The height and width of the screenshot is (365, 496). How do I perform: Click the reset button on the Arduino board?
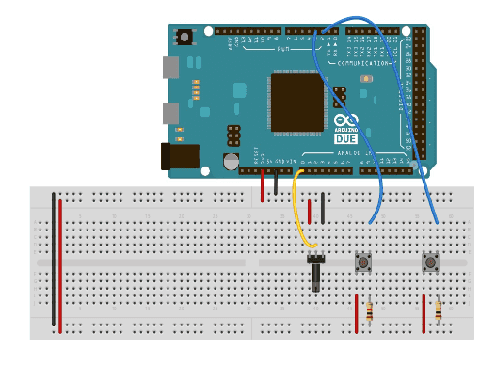(184, 37)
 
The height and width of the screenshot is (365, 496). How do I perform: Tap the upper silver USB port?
(170, 67)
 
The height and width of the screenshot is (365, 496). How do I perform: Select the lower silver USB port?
(170, 114)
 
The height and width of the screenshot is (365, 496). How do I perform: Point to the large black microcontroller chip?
(296, 102)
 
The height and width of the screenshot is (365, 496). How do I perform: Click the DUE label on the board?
(345, 138)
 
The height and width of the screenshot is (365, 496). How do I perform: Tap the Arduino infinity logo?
(345, 122)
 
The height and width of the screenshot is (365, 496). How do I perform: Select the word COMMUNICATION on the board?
(363, 63)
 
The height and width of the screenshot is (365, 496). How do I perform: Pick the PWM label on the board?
(282, 48)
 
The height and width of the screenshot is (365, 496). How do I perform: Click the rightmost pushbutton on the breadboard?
(431, 262)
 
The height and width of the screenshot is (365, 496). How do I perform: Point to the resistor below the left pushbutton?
(370, 310)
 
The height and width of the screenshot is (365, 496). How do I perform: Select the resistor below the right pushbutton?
(439, 309)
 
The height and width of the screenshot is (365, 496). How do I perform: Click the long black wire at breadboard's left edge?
(53, 259)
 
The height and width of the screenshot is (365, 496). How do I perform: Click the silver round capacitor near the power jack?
(231, 162)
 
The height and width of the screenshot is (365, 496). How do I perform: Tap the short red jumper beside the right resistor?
(424, 313)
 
